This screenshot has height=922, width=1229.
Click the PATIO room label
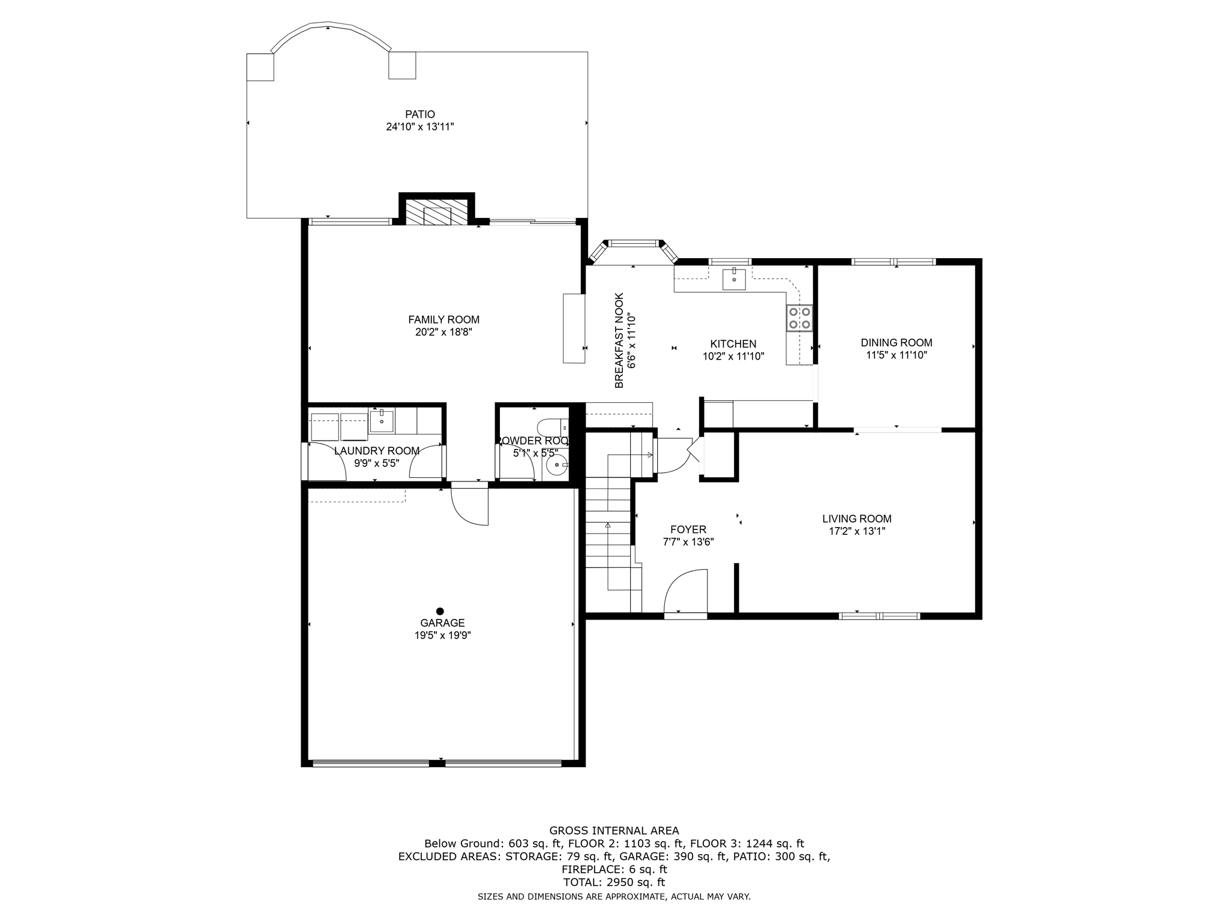pyautogui.click(x=419, y=114)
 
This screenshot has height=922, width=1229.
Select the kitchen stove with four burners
pyautogui.click(x=799, y=318)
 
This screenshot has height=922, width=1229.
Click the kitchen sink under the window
pyautogui.click(x=734, y=280)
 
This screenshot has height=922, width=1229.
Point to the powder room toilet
pyautogui.click(x=551, y=428)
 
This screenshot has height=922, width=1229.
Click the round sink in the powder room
pyautogui.click(x=557, y=464)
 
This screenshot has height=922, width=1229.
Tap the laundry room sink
pyautogui.click(x=382, y=421)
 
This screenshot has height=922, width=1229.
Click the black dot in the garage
pyautogui.click(x=440, y=611)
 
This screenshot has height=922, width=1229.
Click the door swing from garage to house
pyautogui.click(x=470, y=505)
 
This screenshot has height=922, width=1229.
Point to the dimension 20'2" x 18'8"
pyautogui.click(x=443, y=332)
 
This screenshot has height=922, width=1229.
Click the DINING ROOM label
pyautogui.click(x=896, y=343)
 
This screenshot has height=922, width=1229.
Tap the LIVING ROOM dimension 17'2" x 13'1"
pyautogui.click(x=856, y=531)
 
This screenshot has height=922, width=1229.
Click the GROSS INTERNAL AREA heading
pyautogui.click(x=614, y=831)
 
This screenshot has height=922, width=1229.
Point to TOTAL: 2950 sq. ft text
pyautogui.click(x=614, y=882)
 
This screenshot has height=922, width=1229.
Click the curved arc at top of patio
pyautogui.click(x=330, y=28)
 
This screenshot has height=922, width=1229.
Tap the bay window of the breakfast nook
pyautogui.click(x=633, y=243)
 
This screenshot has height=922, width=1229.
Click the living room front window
pyautogui.click(x=879, y=615)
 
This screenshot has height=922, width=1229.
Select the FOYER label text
pyautogui.click(x=688, y=529)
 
